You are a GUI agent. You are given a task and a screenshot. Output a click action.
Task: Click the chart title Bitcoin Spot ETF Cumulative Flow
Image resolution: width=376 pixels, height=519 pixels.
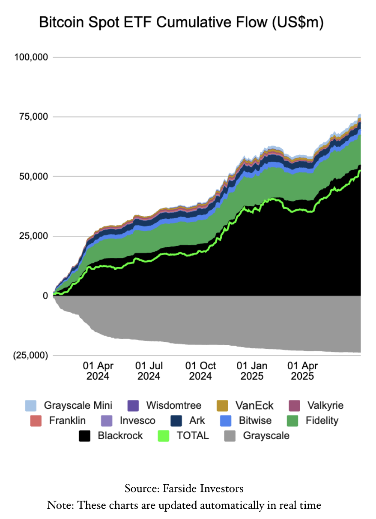(x=181, y=23)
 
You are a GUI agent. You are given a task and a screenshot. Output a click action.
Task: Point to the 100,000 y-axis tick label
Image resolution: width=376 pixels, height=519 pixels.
(x=32, y=57)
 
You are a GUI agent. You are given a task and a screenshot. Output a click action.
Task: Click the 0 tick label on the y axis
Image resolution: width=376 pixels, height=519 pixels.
(x=45, y=296)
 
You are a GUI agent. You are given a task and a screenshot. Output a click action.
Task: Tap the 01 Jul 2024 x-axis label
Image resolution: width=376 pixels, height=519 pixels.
(x=149, y=371)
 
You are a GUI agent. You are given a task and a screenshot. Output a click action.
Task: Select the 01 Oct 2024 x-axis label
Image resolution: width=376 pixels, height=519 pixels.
(x=200, y=371)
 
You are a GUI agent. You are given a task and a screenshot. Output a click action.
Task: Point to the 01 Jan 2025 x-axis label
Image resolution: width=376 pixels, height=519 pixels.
(x=252, y=371)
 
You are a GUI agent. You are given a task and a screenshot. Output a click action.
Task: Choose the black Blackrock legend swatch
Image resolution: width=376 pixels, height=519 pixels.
(x=85, y=436)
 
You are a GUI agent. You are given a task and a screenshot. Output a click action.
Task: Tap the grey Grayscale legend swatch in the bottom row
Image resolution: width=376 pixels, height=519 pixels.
(x=230, y=436)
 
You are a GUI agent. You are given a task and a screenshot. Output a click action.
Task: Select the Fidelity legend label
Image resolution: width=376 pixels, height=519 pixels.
(x=322, y=420)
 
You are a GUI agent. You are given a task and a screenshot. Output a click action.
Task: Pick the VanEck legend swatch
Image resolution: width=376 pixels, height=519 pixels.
(x=223, y=405)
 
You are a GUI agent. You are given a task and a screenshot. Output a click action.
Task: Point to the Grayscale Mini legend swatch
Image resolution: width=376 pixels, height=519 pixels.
(x=30, y=405)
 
